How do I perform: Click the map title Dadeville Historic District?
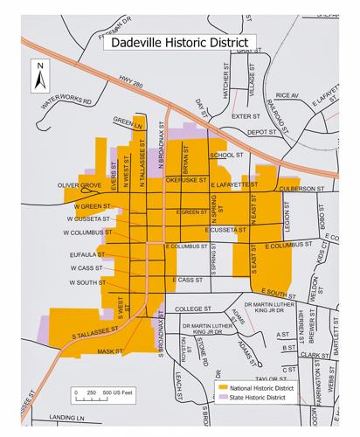click(x=176, y=41)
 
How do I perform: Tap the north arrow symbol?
click(x=39, y=77)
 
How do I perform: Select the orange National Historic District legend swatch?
click(x=223, y=385)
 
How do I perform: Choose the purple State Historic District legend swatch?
click(x=223, y=397)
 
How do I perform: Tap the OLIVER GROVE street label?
click(x=80, y=185)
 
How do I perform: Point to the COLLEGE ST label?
click(x=193, y=309)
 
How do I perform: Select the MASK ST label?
click(x=111, y=351)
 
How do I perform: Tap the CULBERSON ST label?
click(x=302, y=188)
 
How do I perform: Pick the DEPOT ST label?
click(x=261, y=132)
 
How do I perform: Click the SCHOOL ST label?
click(x=225, y=155)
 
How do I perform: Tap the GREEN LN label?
click(x=128, y=124)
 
